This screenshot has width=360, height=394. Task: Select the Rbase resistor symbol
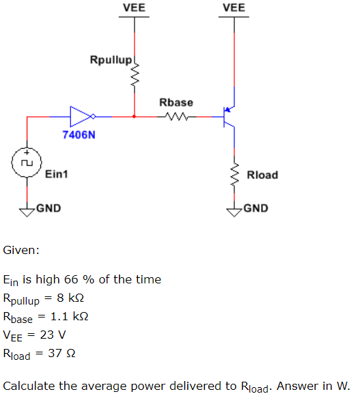coord(176,117)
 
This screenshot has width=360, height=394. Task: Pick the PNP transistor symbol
coord(229,117)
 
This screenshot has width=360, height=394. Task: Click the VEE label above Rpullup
coord(135,8)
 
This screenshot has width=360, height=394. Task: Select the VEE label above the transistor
coord(234,8)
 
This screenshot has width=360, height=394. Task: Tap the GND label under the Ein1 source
coord(48,208)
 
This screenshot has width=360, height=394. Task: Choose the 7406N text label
coord(79,135)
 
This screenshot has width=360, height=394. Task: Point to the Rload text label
coord(262,175)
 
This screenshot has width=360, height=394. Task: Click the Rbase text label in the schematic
coord(176,102)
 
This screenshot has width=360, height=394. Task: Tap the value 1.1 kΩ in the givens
coord(70,317)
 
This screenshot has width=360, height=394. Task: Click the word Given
coord(21,251)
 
